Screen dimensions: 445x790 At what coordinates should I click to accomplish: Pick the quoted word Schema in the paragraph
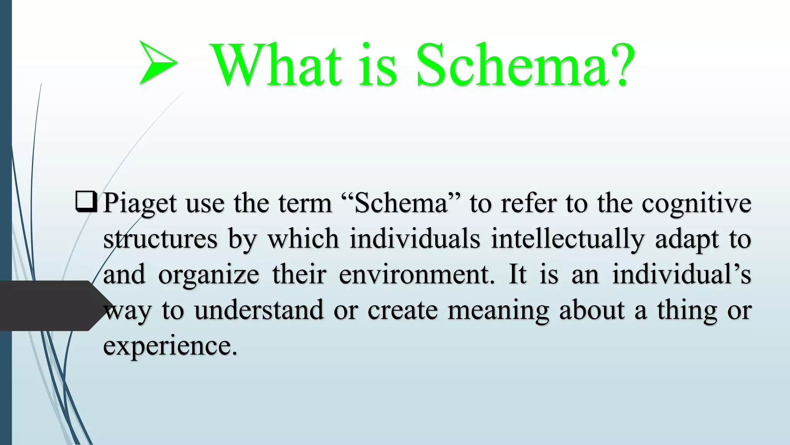tap(401, 203)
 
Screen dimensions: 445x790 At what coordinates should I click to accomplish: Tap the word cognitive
tap(696, 204)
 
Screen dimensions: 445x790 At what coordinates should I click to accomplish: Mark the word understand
tap(259, 310)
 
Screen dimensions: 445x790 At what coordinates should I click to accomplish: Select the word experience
tap(170, 345)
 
